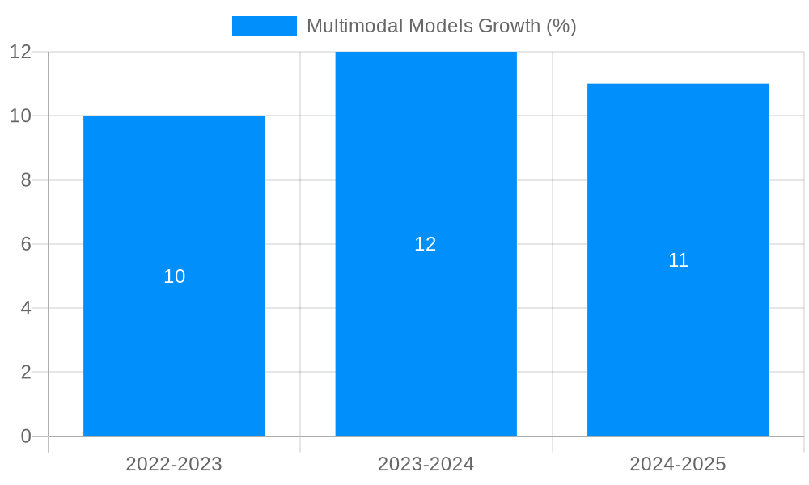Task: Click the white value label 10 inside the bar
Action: [174, 276]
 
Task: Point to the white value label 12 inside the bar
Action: [426, 244]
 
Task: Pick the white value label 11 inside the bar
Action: [678, 260]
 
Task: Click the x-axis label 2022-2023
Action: [174, 464]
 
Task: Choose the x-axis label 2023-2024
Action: [426, 464]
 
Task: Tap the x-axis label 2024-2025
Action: [678, 464]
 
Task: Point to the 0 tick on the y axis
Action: [25, 436]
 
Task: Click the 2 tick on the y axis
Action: [25, 373]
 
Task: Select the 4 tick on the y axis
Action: [25, 308]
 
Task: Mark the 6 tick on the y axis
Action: [25, 244]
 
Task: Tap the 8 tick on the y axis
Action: [25, 180]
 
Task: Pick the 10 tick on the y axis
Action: [20, 116]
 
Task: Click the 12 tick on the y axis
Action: [20, 52]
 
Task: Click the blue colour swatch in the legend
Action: [265, 26]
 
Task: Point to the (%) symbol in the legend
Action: [561, 26]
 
